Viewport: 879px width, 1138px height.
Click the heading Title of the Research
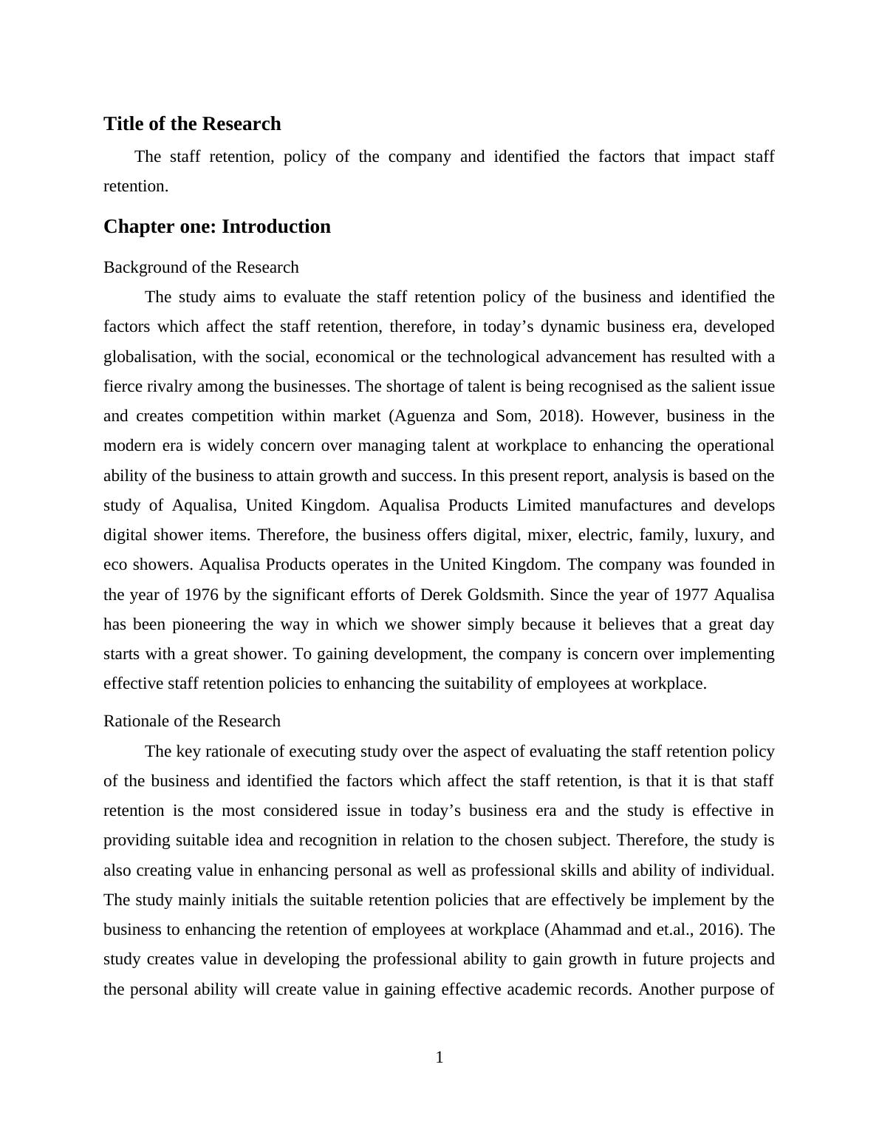pyautogui.click(x=192, y=123)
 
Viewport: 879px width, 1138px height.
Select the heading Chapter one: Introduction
pyautogui.click(x=217, y=226)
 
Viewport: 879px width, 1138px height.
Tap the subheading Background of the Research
pyautogui.click(x=201, y=267)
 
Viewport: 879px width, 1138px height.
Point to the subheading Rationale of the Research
pyautogui.click(x=192, y=720)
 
